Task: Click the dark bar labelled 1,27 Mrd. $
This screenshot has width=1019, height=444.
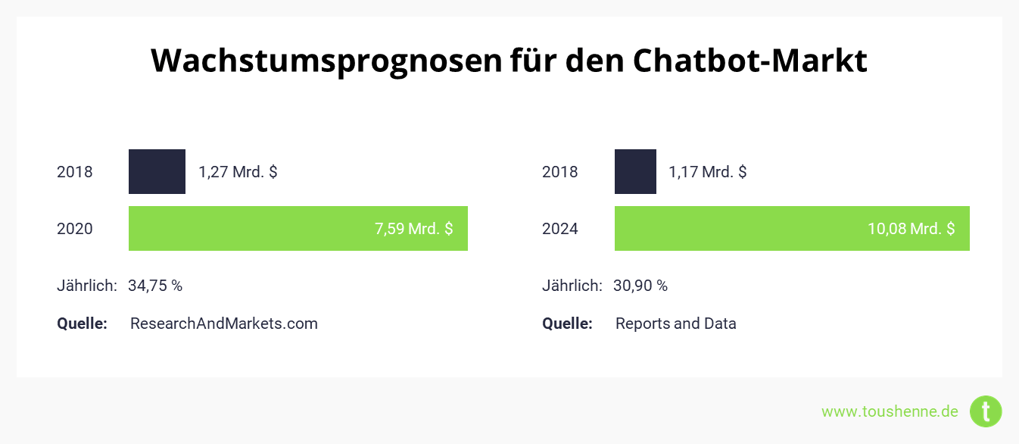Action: click(157, 171)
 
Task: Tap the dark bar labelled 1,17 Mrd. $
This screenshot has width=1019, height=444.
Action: click(635, 171)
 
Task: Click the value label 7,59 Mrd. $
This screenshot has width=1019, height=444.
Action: click(413, 229)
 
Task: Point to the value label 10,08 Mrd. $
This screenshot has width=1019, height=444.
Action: click(911, 229)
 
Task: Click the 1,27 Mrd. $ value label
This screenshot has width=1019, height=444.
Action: click(238, 172)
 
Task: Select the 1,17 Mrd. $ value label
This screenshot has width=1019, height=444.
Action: click(707, 172)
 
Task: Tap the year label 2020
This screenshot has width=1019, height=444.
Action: click(75, 229)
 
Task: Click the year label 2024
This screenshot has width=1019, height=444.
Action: click(560, 229)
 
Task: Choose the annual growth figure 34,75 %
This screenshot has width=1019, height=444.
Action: click(155, 286)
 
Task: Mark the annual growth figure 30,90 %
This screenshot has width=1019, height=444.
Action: click(640, 286)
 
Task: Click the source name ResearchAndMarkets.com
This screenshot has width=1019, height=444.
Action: click(224, 324)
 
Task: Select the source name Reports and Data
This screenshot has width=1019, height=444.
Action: click(675, 324)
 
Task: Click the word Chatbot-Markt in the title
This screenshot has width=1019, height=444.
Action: click(749, 61)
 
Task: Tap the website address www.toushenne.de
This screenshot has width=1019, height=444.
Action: click(890, 411)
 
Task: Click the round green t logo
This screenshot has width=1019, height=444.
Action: click(986, 411)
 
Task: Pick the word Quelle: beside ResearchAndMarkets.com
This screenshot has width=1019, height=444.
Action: click(82, 324)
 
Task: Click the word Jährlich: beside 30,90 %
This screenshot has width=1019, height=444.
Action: click(572, 286)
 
